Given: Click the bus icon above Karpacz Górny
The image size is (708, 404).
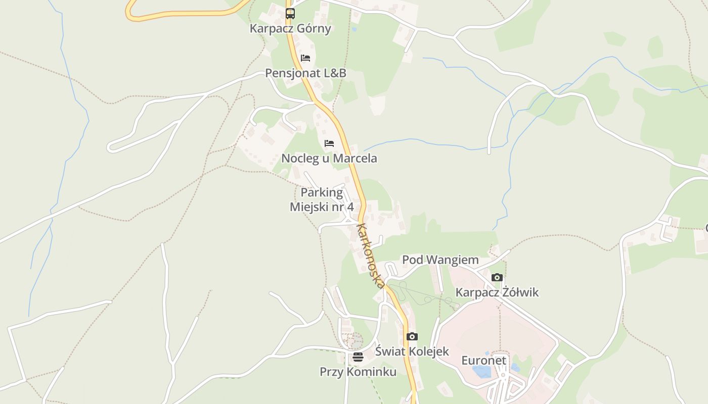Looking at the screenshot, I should pyautogui.click(x=290, y=13).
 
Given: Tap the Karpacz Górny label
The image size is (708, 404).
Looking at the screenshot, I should pyautogui.click(x=290, y=28).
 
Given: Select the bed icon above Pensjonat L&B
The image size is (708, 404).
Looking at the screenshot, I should pyautogui.click(x=305, y=58).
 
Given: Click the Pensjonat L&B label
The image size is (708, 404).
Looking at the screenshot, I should pyautogui.click(x=305, y=73).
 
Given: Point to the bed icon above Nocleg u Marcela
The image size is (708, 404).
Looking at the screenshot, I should pyautogui.click(x=329, y=143).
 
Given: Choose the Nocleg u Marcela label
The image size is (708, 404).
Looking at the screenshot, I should pyautogui.click(x=329, y=159).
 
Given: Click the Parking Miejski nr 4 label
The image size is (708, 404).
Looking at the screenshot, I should pyautogui.click(x=322, y=200).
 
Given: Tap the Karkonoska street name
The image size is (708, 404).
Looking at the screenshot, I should pyautogui.click(x=371, y=256).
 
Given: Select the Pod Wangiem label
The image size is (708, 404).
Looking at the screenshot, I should pyautogui.click(x=440, y=260).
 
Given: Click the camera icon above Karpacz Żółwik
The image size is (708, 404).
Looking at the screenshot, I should pyautogui.click(x=497, y=277).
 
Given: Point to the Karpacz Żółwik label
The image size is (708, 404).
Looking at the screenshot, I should pyautogui.click(x=497, y=292).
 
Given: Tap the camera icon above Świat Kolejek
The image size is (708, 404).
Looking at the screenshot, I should pyautogui.click(x=412, y=336).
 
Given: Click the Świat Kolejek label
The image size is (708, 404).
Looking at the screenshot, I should pyautogui.click(x=412, y=351).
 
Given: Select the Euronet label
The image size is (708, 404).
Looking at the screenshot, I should pyautogui.click(x=483, y=361).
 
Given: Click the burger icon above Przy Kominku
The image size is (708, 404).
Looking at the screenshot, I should pyautogui.click(x=358, y=358).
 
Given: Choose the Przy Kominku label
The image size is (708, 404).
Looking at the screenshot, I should pyautogui.click(x=358, y=372).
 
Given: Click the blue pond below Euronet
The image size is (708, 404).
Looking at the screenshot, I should pyautogui.click(x=482, y=372).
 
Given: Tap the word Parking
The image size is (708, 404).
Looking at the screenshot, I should pyautogui.click(x=322, y=193).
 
